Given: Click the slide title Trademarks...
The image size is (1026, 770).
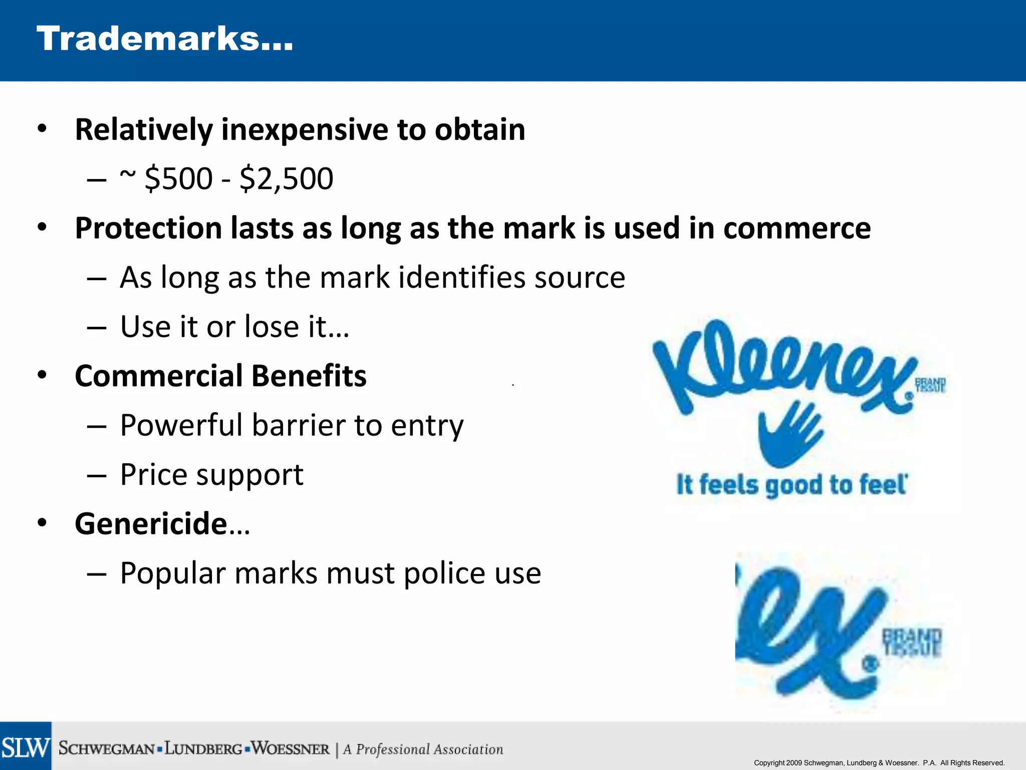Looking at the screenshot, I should tap(164, 39).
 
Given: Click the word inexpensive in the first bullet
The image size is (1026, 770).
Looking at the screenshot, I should tap(305, 130).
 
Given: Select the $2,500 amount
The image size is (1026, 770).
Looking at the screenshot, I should tap(286, 178).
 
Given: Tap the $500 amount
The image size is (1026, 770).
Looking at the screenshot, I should tap(178, 178).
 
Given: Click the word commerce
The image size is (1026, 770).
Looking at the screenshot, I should tap(797, 229).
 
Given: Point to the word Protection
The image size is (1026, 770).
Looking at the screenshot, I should tap(148, 229).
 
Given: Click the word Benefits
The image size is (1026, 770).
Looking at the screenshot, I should tap(309, 376).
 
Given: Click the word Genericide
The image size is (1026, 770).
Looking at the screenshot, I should tap(151, 524).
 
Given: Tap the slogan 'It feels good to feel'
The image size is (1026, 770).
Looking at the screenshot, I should tap(792, 485).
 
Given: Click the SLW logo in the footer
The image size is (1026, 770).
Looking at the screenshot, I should tap(26, 747).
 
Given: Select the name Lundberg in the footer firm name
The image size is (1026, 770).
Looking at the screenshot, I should tap(203, 749).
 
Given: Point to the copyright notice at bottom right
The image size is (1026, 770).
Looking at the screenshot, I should tap(879, 762).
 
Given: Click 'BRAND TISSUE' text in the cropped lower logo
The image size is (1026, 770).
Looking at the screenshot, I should tap(912, 642).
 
